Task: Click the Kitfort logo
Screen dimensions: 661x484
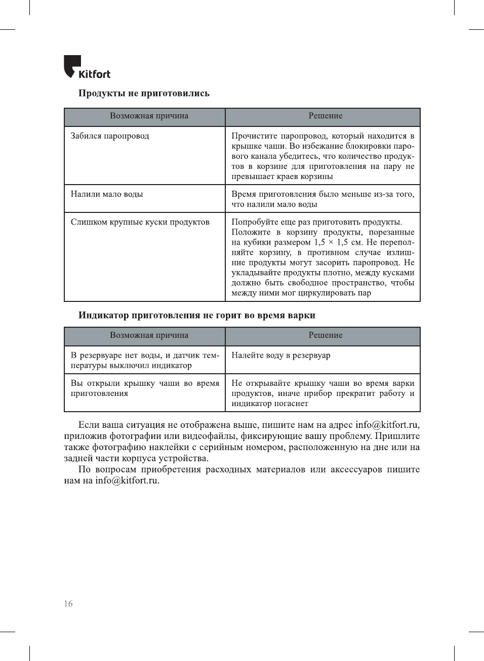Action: tap(87, 67)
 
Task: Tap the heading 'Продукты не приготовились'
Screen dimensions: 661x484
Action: tap(144, 93)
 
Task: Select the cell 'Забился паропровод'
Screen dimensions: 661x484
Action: tap(110, 136)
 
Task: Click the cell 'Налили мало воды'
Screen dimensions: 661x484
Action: tap(107, 194)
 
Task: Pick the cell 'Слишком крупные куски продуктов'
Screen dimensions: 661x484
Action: tap(140, 222)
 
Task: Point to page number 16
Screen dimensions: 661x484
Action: tap(68, 603)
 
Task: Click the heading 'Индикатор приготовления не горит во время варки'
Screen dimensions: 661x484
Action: tap(196, 315)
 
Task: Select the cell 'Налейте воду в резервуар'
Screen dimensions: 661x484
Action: tap(280, 356)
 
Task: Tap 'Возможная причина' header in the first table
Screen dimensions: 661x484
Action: tap(149, 116)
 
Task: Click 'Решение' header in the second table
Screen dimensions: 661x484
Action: tap(326, 335)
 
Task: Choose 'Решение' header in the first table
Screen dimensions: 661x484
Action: tap(326, 116)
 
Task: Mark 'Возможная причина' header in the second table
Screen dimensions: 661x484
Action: tap(149, 335)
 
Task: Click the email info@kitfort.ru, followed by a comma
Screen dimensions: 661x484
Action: tap(387, 425)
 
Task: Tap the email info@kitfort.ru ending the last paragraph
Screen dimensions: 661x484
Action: tap(127, 480)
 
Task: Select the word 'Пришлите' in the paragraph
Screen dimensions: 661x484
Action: tap(397, 436)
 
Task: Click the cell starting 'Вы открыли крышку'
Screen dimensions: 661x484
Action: tap(145, 388)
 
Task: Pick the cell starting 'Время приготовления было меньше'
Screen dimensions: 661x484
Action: tap(322, 199)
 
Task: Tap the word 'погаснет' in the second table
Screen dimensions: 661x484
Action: tap(291, 404)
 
